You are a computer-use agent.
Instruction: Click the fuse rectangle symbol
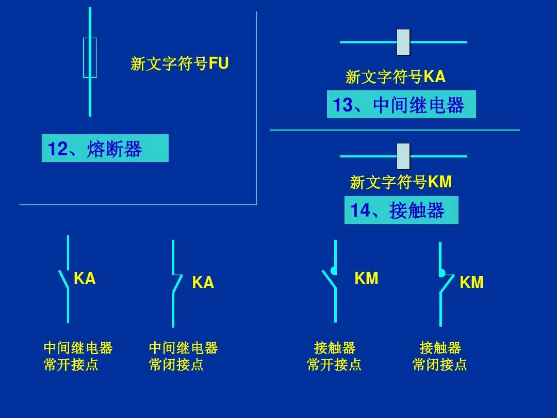tap(90, 57)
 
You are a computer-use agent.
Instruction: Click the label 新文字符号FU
tap(179, 64)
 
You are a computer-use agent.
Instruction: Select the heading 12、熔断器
tap(105, 149)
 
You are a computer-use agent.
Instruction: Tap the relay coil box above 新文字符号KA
tap(403, 42)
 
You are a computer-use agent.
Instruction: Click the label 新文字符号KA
tap(396, 77)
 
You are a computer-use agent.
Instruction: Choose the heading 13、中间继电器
tap(401, 105)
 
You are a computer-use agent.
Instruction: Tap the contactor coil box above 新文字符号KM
tap(403, 156)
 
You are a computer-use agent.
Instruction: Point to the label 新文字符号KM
tap(401, 182)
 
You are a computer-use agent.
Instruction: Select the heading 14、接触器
tap(401, 211)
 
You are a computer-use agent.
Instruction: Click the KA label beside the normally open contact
tap(85, 279)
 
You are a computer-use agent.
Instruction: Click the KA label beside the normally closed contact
tap(203, 283)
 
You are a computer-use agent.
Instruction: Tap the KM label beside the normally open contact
tap(367, 279)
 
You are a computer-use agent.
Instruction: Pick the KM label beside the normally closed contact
tap(472, 283)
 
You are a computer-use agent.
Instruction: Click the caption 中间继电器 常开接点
tap(78, 356)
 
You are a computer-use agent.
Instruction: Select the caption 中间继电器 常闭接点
tap(183, 356)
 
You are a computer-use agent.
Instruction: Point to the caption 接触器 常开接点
tap(334, 356)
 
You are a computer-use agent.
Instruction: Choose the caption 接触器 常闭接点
tap(440, 356)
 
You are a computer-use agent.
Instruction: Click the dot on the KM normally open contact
tap(334, 271)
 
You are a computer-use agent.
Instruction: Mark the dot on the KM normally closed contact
tap(442, 273)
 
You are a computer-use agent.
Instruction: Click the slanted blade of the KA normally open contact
tap(63, 279)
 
